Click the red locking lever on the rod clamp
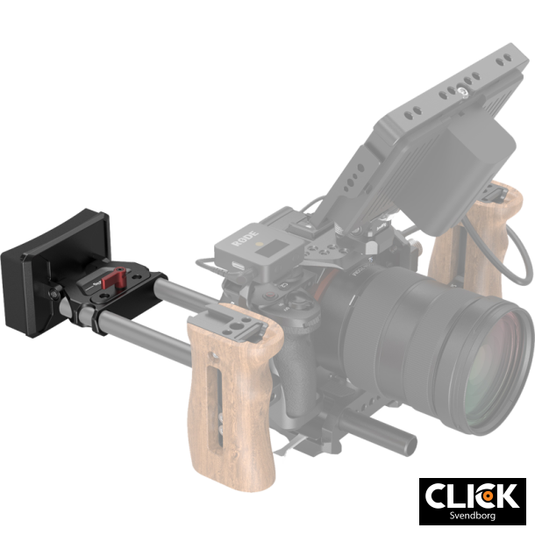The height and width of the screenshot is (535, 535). pyautogui.click(x=109, y=280)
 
